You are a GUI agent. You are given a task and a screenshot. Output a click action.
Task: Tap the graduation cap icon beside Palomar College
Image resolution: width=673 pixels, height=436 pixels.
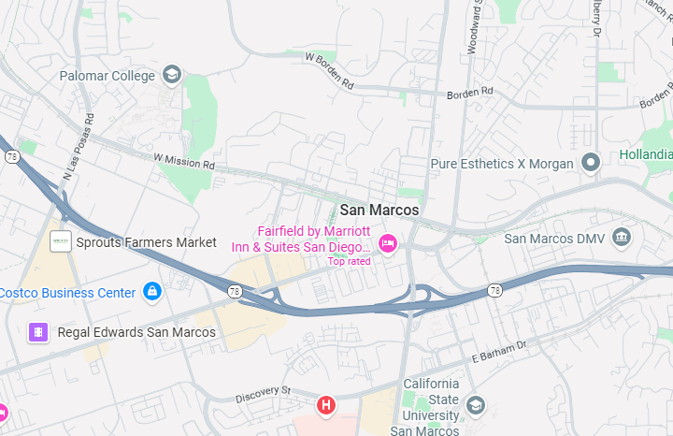coord(171,75)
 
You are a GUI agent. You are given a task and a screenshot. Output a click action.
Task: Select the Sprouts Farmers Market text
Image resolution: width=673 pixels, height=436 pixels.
coord(147,242)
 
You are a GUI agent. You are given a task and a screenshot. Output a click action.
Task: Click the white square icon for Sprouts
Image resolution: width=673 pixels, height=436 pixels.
coord(61,241)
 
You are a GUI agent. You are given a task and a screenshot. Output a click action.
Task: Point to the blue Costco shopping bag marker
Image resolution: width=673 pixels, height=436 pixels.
coord(152,292)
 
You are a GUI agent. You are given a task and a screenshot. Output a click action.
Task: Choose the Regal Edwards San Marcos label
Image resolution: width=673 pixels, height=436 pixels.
coord(136,332)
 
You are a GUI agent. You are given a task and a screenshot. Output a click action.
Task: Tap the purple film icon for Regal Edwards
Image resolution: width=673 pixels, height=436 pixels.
coord(38,332)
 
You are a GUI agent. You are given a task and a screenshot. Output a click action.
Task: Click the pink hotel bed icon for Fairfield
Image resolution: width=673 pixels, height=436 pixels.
coord(387,245)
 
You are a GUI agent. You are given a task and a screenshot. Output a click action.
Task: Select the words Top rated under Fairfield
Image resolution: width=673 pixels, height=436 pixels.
coord(349,261)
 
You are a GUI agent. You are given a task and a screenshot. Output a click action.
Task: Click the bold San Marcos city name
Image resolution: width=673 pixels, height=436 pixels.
coord(379,211)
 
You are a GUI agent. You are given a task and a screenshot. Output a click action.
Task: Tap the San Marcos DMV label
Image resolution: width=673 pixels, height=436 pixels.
coord(555,239)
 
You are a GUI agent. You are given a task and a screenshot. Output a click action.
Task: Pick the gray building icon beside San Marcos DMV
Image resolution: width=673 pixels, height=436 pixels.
coord(622,239)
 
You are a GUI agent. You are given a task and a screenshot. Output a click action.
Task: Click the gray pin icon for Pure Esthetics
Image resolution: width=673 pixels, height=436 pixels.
coord(590,164)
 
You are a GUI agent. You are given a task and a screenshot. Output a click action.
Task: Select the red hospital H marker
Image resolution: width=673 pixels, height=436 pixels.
coord(325,405)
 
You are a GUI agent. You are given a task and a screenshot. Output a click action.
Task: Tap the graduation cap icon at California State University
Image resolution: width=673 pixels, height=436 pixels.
coord(476,405)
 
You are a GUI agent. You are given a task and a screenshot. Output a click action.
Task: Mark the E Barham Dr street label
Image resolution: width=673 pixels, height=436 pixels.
coord(499,351)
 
